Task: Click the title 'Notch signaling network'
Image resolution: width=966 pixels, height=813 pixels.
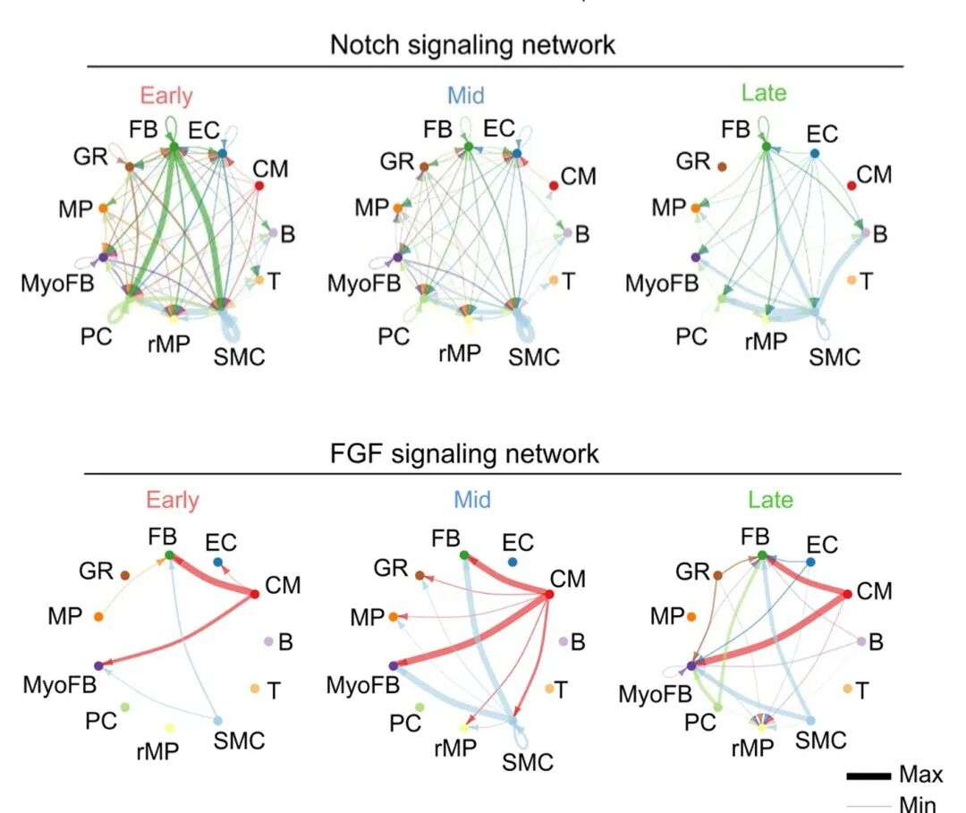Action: coord(472,45)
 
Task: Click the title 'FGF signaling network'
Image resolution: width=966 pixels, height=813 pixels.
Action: coord(462,453)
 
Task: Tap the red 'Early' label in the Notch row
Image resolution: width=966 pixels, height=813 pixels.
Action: coord(165,95)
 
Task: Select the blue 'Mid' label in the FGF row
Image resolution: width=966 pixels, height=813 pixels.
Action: coord(471,499)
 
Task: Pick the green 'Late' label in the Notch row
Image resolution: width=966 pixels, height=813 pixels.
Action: coord(764,92)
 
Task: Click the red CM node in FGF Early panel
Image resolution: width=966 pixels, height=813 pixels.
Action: coord(255,594)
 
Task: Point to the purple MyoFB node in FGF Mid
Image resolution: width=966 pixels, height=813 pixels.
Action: coord(393,665)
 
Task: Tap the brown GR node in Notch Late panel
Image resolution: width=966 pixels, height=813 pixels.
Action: coord(722,166)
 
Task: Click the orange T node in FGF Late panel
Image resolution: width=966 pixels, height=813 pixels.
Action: coord(847,689)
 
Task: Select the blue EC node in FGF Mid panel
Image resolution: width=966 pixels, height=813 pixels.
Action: coord(513,562)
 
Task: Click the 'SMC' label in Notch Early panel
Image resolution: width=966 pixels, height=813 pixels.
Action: coord(239,357)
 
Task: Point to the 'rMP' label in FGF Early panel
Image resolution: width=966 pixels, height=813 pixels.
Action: coord(158,751)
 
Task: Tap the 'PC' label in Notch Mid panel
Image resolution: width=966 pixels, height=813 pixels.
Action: coord(393,337)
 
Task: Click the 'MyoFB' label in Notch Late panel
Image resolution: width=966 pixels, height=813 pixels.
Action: coord(661,284)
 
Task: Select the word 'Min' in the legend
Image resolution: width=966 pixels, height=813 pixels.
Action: coord(919,803)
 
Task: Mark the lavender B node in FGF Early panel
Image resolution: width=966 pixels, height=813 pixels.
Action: coord(267,641)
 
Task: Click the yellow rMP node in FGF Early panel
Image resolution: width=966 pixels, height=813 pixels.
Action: coord(169,729)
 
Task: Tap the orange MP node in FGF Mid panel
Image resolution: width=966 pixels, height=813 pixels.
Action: coord(393,617)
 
